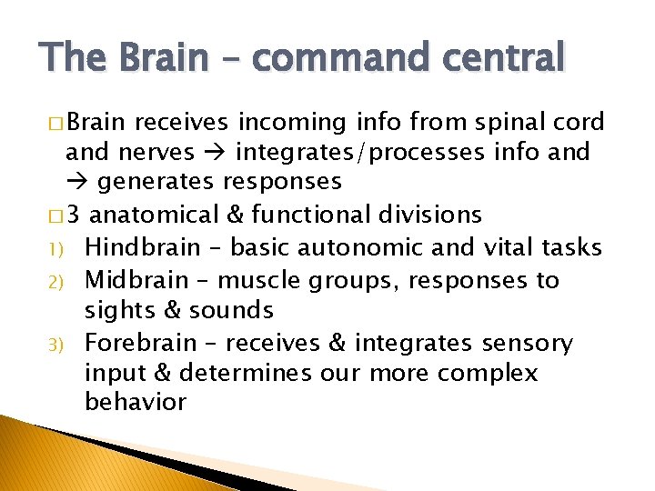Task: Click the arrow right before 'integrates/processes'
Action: (217, 152)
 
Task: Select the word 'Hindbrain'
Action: (145, 247)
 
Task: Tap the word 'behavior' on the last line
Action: (136, 402)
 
